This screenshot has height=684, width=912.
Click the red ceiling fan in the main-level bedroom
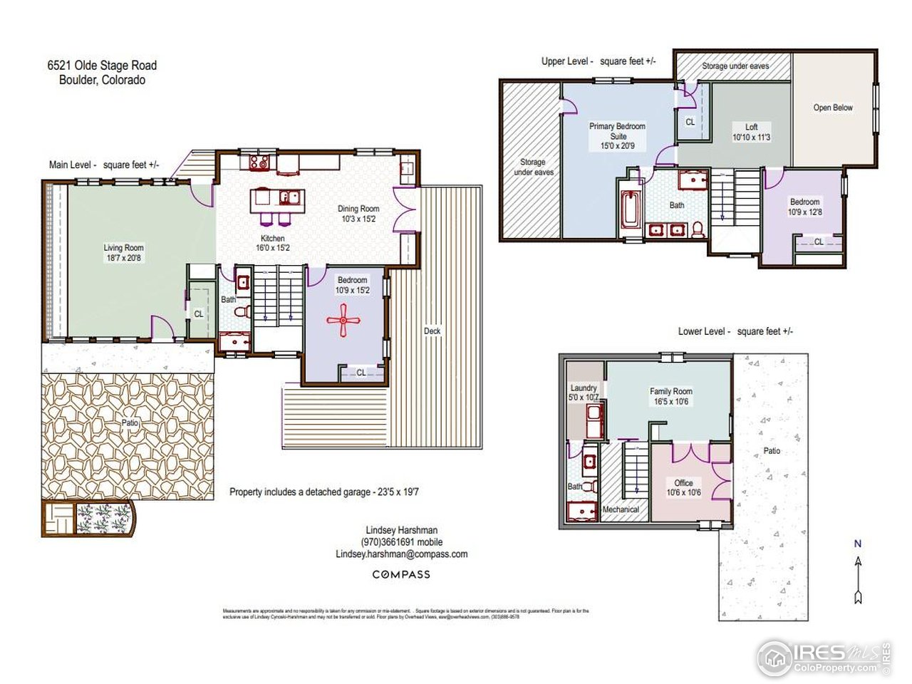pos(343,320)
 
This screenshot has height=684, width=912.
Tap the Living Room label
pos(123,247)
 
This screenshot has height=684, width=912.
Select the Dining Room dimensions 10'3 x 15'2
pos(359,219)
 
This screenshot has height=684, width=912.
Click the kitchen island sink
pos(289,197)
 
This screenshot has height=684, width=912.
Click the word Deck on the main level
pos(432,331)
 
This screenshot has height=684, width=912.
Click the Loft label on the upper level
pos(752,127)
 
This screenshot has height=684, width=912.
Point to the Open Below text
pos(833,108)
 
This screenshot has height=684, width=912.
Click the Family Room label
pos(670,391)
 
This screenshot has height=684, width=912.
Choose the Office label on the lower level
pos(683,482)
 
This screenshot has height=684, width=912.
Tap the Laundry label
pos(584,388)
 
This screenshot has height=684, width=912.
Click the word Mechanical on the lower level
pos(621,509)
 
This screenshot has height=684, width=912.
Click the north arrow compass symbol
pos(858,573)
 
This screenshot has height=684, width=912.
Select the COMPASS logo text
pos(401,574)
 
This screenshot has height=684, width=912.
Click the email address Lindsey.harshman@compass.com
pos(401,554)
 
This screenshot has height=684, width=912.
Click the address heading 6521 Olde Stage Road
pos(102,66)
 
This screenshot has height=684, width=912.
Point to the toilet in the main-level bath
pos(243,311)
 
